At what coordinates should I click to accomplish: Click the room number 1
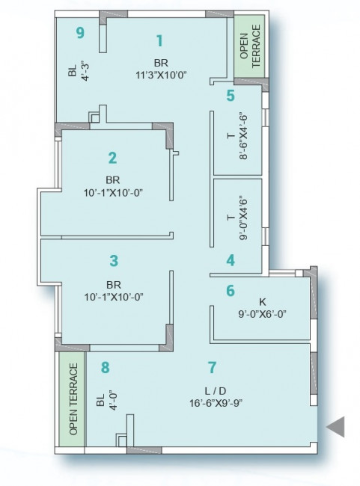point(159,40)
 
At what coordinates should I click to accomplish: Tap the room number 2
point(113,158)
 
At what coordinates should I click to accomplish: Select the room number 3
point(114,261)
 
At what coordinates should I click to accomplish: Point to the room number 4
point(231,260)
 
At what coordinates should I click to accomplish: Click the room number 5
point(231,96)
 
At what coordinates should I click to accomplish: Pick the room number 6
point(231,291)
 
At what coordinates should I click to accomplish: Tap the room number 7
point(212,367)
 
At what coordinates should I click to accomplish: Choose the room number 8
point(106,368)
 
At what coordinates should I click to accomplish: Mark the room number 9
point(80,33)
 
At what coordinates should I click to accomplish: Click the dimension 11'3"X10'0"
point(161,75)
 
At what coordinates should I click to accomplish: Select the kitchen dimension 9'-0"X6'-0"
point(262,314)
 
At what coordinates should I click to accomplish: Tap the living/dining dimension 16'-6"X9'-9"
point(216,403)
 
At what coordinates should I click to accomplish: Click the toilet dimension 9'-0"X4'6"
point(244,218)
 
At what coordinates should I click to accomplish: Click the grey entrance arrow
point(335,427)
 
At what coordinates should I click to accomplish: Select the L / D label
point(212,390)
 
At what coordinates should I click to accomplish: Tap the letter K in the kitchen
point(262,301)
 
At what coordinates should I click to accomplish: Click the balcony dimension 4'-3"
point(85,71)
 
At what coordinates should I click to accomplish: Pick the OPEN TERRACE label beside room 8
point(73,399)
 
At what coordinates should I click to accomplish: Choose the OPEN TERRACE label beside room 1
point(250,46)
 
